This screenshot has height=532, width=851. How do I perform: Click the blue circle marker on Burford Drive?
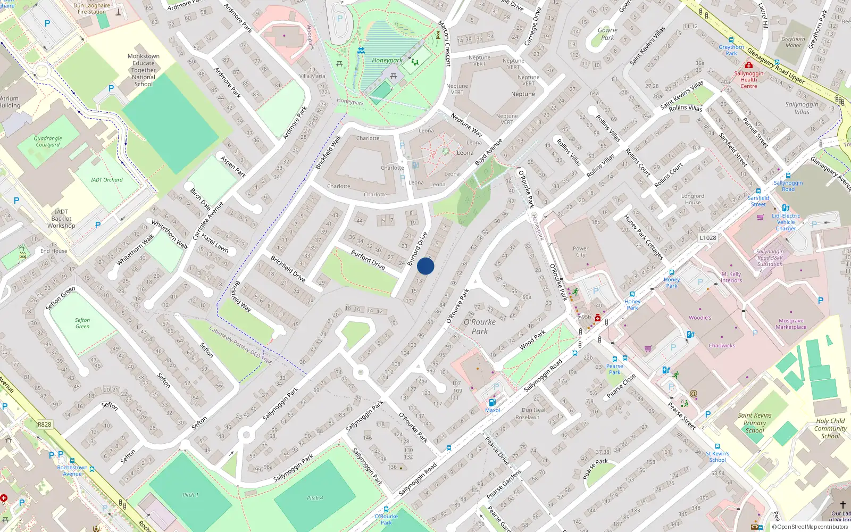pos(425,266)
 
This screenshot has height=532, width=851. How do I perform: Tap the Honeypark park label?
pos(387,60)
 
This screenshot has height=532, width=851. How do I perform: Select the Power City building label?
pos(580,252)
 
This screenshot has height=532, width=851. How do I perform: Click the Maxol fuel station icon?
pos(492,402)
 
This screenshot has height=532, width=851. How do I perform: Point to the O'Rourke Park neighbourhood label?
pos(479,326)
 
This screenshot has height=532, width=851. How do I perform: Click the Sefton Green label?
pos(82,323)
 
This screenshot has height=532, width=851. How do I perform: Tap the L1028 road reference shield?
pos(707,238)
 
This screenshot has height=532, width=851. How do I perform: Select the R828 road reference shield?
pos(44,425)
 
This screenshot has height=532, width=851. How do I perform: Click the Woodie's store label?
pos(700,318)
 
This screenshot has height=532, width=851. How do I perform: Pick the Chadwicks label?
pos(721,345)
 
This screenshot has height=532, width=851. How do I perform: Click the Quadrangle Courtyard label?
pos(48,141)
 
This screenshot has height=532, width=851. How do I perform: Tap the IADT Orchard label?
pos(106,180)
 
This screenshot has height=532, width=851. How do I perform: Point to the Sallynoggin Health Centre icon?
pos(748,65)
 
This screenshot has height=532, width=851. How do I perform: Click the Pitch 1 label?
pos(190,495)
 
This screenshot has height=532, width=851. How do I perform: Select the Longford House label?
pos(693,199)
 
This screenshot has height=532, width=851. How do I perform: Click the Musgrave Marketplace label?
pos(791,324)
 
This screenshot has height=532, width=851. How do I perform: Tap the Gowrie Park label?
pos(607,34)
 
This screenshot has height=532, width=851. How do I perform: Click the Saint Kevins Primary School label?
pos(754,423)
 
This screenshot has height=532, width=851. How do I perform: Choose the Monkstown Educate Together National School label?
pos(144,70)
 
